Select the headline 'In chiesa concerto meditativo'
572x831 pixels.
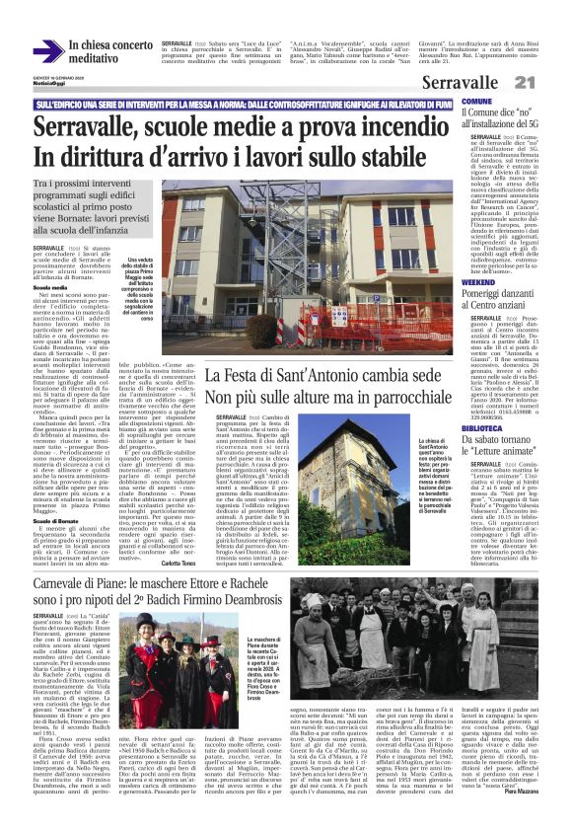pyautogui.click(x=111, y=52)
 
